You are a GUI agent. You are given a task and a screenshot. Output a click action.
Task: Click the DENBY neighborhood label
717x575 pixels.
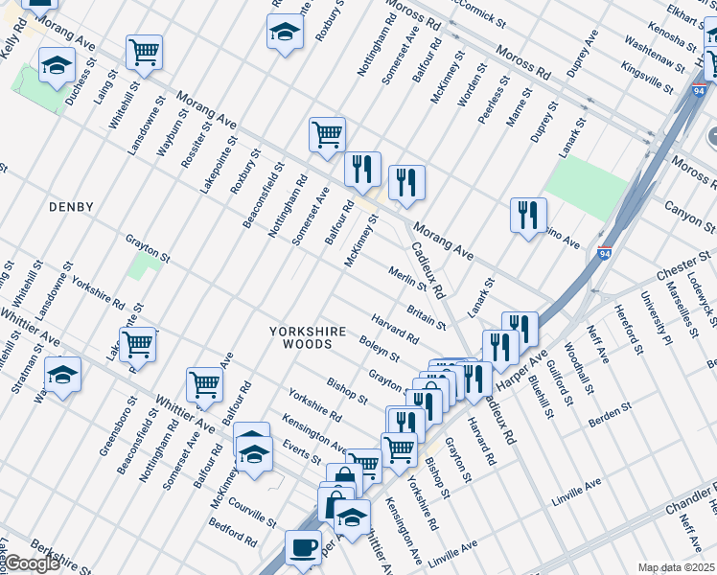coord(72,207)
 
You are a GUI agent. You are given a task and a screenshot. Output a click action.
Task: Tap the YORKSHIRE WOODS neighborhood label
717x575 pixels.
coord(307,340)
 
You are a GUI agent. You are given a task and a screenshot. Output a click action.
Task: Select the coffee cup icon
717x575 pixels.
coord(304,547)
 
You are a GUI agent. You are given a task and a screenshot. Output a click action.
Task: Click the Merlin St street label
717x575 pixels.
coord(407,279)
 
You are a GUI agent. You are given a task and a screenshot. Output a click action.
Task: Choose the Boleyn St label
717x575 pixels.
coord(379,348)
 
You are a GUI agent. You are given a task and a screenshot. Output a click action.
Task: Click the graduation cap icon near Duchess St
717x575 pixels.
coord(57,65)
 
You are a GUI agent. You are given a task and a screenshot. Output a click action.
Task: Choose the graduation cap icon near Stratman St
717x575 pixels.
coord(62,375)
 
